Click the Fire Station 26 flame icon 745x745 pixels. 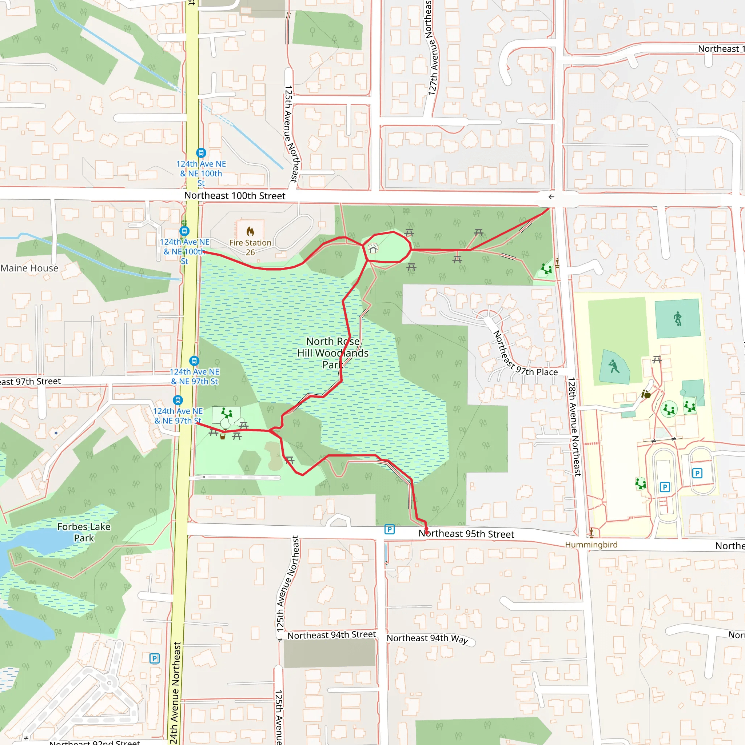click(250, 231)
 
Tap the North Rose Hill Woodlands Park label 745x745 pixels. click(333, 353)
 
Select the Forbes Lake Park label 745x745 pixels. click(84, 532)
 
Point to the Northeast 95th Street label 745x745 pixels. click(466, 534)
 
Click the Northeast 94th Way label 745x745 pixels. click(427, 638)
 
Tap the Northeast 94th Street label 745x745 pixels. click(331, 635)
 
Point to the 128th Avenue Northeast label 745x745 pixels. click(574, 426)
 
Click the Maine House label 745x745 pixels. click(29, 268)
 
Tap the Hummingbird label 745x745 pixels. click(591, 545)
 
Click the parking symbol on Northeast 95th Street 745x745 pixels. click(390, 529)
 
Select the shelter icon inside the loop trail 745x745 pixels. click(373, 249)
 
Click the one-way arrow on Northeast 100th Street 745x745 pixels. click(551, 197)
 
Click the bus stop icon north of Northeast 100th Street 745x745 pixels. click(201, 153)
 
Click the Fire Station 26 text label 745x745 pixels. click(250, 247)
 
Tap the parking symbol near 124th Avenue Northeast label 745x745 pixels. click(154, 658)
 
